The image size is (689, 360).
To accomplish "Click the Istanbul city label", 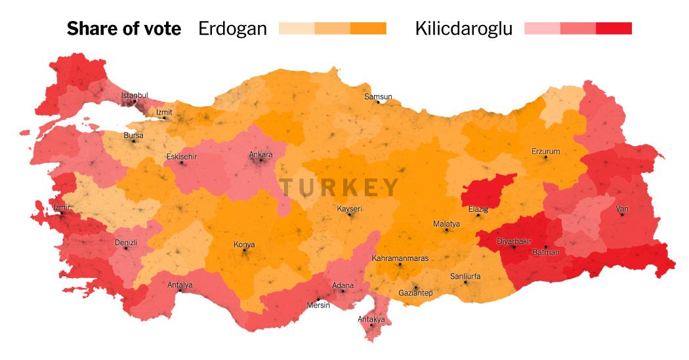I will (x=135, y=96).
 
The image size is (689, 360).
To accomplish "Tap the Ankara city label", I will (x=261, y=155).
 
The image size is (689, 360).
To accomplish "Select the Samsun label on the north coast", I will (x=378, y=97).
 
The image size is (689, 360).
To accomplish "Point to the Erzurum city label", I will (x=545, y=151).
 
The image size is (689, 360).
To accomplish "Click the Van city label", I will (x=622, y=209).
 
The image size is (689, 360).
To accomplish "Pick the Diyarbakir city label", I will (x=513, y=241).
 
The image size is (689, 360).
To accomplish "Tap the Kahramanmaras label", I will (x=400, y=258).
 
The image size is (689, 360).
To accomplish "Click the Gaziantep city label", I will (x=415, y=292).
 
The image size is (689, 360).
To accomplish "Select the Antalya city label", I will (x=180, y=285).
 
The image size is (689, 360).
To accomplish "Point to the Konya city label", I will (x=244, y=245).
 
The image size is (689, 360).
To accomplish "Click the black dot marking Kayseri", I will (x=350, y=214).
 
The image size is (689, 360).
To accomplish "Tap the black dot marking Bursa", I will (x=133, y=141).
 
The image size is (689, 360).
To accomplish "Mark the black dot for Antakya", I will (x=371, y=325).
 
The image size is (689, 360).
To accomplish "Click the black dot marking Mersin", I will (x=318, y=299).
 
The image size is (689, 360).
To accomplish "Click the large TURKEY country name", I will (x=340, y=188).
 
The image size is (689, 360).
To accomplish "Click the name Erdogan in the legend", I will (x=232, y=29).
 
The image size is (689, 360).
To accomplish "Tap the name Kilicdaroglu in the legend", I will (x=464, y=29).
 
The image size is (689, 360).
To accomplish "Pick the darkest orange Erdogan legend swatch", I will (x=368, y=28).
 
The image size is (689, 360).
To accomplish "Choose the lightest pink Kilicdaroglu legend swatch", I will (x=542, y=28).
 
